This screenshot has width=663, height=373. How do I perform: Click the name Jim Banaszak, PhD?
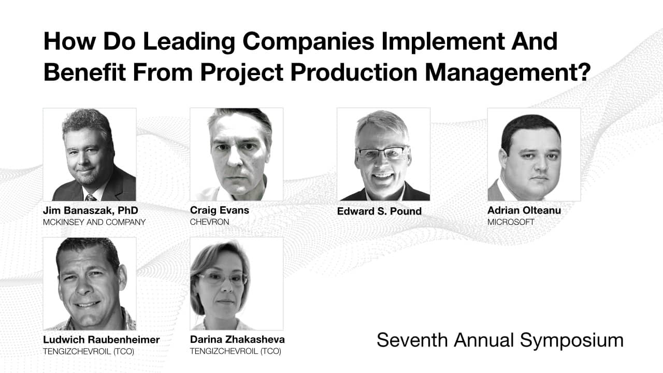91,210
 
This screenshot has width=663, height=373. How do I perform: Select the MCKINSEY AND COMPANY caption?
94,222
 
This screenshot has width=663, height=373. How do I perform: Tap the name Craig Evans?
219,210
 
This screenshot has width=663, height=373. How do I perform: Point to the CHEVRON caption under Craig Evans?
210,222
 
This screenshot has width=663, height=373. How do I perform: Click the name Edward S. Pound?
379,211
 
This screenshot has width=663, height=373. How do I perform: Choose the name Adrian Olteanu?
524,210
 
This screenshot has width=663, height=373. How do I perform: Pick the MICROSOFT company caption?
511,222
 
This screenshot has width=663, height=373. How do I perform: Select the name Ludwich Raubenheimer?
101,339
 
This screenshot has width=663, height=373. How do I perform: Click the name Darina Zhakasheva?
237,339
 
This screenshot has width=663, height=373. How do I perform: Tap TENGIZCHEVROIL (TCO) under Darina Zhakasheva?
236,351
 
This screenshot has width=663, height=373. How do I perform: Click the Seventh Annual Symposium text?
500,340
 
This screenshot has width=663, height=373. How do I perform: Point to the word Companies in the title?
308,42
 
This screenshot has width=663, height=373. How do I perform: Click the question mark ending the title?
584,72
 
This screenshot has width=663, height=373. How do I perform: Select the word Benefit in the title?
84,72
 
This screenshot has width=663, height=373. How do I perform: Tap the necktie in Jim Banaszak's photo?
91,197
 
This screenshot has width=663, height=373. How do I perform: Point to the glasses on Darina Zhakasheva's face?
223,278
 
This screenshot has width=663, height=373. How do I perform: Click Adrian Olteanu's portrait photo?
534,154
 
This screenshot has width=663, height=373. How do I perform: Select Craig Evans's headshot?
237,154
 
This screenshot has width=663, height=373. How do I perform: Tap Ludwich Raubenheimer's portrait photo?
90,283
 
